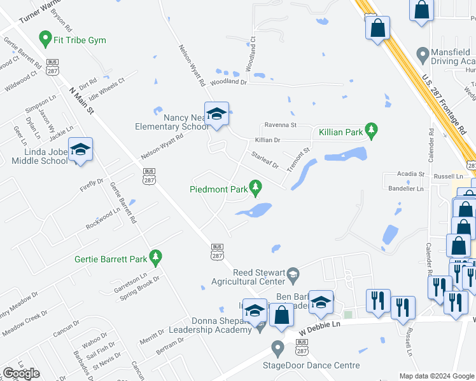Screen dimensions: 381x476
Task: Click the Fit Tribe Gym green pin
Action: pos(45,39)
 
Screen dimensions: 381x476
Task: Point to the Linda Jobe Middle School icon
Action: pos(80,150)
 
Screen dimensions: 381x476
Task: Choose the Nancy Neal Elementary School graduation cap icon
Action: pos(216,114)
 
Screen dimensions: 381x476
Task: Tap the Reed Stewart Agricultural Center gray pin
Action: pos(293,275)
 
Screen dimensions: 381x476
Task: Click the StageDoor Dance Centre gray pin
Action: pos(277,348)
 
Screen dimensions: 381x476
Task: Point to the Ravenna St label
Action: pos(281,126)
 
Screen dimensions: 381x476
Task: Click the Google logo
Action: pos(21,373)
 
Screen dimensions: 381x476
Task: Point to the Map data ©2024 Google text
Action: pos(436,376)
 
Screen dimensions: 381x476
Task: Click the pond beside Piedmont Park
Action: pos(257,210)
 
